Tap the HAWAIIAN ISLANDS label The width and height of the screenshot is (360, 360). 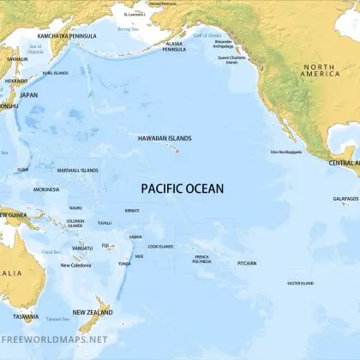165,137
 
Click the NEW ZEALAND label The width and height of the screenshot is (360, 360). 92,312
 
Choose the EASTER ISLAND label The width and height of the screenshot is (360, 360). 300,283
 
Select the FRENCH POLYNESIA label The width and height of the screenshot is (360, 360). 202,258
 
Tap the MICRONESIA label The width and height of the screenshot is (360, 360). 46,189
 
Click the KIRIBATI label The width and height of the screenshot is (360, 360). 132,210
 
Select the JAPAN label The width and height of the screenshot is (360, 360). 29,95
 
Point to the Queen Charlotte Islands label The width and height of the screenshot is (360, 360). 235,60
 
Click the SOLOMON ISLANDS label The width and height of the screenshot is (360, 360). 75,224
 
